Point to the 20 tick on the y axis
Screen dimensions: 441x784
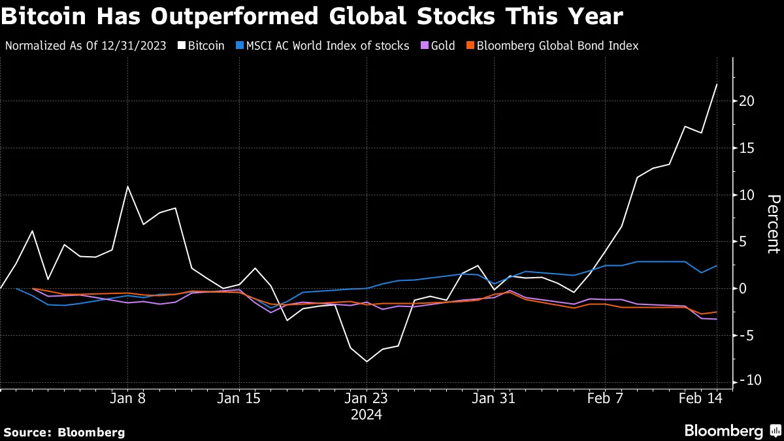pyautogui.click(x=747, y=101)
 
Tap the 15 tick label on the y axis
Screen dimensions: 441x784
pyautogui.click(x=747, y=148)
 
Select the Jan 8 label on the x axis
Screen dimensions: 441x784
pyautogui.click(x=128, y=399)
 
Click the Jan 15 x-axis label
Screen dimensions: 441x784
pyautogui.click(x=239, y=399)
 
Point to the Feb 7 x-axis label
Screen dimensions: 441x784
pyautogui.click(x=606, y=399)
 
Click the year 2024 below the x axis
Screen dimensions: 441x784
pyautogui.click(x=367, y=415)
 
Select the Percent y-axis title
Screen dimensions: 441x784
pyautogui.click(x=773, y=223)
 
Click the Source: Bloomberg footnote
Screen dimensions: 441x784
pyautogui.click(x=64, y=432)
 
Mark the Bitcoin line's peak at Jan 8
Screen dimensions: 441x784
pyautogui.click(x=127, y=186)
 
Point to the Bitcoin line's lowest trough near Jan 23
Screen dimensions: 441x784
pyautogui.click(x=367, y=361)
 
